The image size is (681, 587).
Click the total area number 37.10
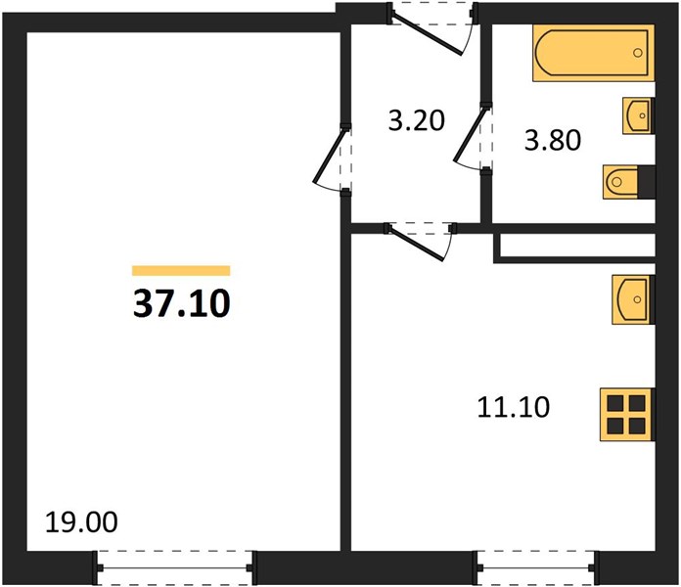[x=182, y=303]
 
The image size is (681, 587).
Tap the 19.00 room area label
[x=81, y=521]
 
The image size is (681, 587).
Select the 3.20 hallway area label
[x=417, y=120]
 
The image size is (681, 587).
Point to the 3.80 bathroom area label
[x=553, y=140]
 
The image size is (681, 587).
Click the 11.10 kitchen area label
[x=514, y=407]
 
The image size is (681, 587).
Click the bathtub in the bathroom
[x=594, y=53]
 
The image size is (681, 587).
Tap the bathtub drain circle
[x=638, y=53]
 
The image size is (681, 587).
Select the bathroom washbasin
[x=638, y=115]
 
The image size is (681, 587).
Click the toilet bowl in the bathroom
[x=620, y=182]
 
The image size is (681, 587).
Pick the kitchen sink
[x=632, y=299]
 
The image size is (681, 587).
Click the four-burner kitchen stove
[x=626, y=415]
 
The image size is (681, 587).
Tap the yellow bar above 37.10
[x=181, y=270]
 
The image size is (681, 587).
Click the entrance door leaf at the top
[x=428, y=34]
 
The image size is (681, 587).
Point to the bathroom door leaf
[x=470, y=135]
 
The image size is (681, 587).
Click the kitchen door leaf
[x=418, y=244]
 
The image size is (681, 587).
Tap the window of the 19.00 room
[x=174, y=567]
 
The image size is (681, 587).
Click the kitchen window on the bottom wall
[x=538, y=567]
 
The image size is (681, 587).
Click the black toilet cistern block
[x=646, y=182]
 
